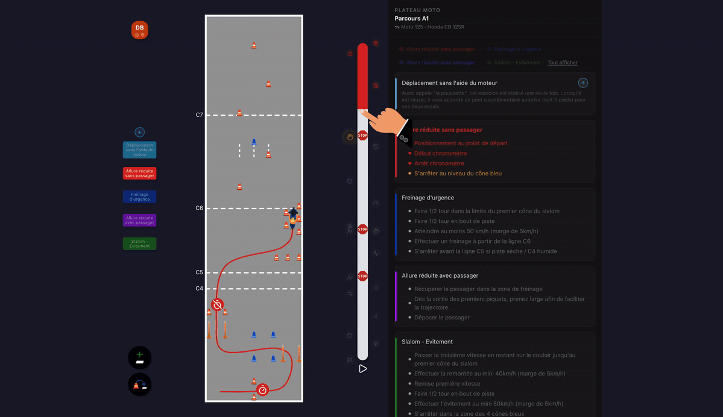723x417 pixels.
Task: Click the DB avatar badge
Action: coord(139,30)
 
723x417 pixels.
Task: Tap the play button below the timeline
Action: coord(362,369)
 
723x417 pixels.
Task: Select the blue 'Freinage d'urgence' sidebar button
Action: coord(139,196)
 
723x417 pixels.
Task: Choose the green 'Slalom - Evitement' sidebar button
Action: coord(139,243)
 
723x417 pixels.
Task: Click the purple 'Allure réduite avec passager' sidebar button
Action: coord(139,220)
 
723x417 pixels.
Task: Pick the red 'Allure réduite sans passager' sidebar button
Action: coord(139,174)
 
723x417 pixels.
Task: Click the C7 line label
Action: coord(199,114)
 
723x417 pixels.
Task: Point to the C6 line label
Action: coord(199,208)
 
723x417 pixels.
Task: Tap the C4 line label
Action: coord(199,289)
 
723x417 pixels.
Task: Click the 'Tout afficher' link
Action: coord(562,63)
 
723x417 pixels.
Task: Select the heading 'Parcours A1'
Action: coord(411,19)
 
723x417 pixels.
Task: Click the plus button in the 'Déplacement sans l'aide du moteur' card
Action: coord(583,83)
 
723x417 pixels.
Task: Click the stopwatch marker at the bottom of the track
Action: coord(262,390)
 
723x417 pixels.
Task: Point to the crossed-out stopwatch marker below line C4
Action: coord(218,305)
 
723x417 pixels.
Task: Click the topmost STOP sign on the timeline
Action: coord(362,136)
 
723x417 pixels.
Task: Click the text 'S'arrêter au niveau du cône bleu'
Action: coord(458,174)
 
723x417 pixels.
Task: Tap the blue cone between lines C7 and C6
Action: coord(254,142)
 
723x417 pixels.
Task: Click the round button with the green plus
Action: coord(139,357)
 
